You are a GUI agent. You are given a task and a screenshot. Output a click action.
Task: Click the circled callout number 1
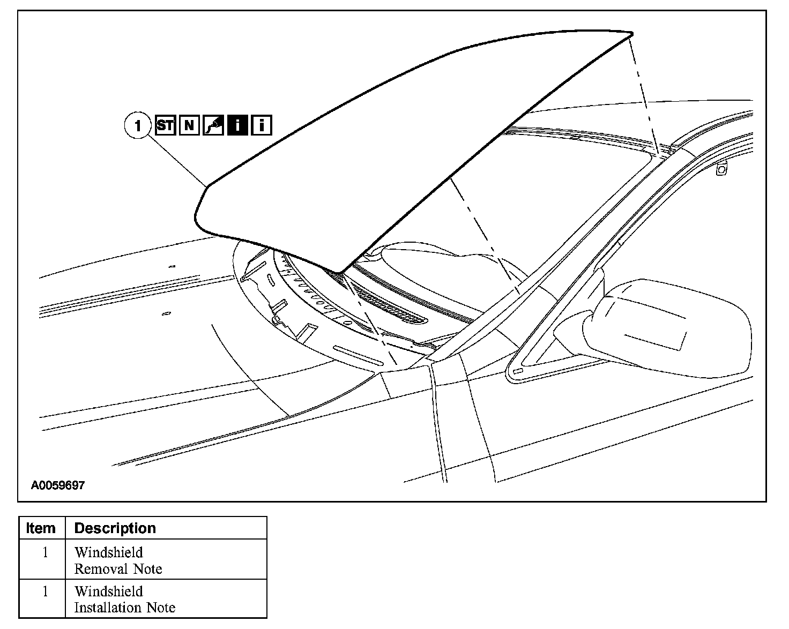click(138, 126)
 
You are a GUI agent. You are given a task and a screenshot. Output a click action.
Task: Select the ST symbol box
click(166, 125)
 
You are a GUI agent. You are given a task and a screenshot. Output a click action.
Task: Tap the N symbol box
click(189, 125)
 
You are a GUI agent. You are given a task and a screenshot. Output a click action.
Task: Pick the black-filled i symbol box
click(237, 125)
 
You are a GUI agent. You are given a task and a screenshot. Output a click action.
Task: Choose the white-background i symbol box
click(262, 125)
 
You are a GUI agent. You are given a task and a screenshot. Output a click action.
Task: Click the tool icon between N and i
click(213, 125)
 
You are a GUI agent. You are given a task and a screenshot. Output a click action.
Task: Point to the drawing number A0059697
click(57, 485)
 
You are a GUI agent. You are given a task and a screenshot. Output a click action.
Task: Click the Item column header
click(41, 528)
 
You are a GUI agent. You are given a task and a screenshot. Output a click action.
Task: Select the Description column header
click(115, 528)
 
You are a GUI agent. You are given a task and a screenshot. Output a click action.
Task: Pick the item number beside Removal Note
click(45, 552)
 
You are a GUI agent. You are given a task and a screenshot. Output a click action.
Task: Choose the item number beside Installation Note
click(45, 591)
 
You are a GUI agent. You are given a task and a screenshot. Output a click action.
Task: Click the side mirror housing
click(670, 321)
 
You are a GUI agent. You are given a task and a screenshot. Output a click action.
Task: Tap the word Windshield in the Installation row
click(109, 591)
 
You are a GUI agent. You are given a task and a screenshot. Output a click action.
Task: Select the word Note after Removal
click(148, 569)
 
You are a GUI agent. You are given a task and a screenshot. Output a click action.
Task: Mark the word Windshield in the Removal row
click(109, 552)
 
